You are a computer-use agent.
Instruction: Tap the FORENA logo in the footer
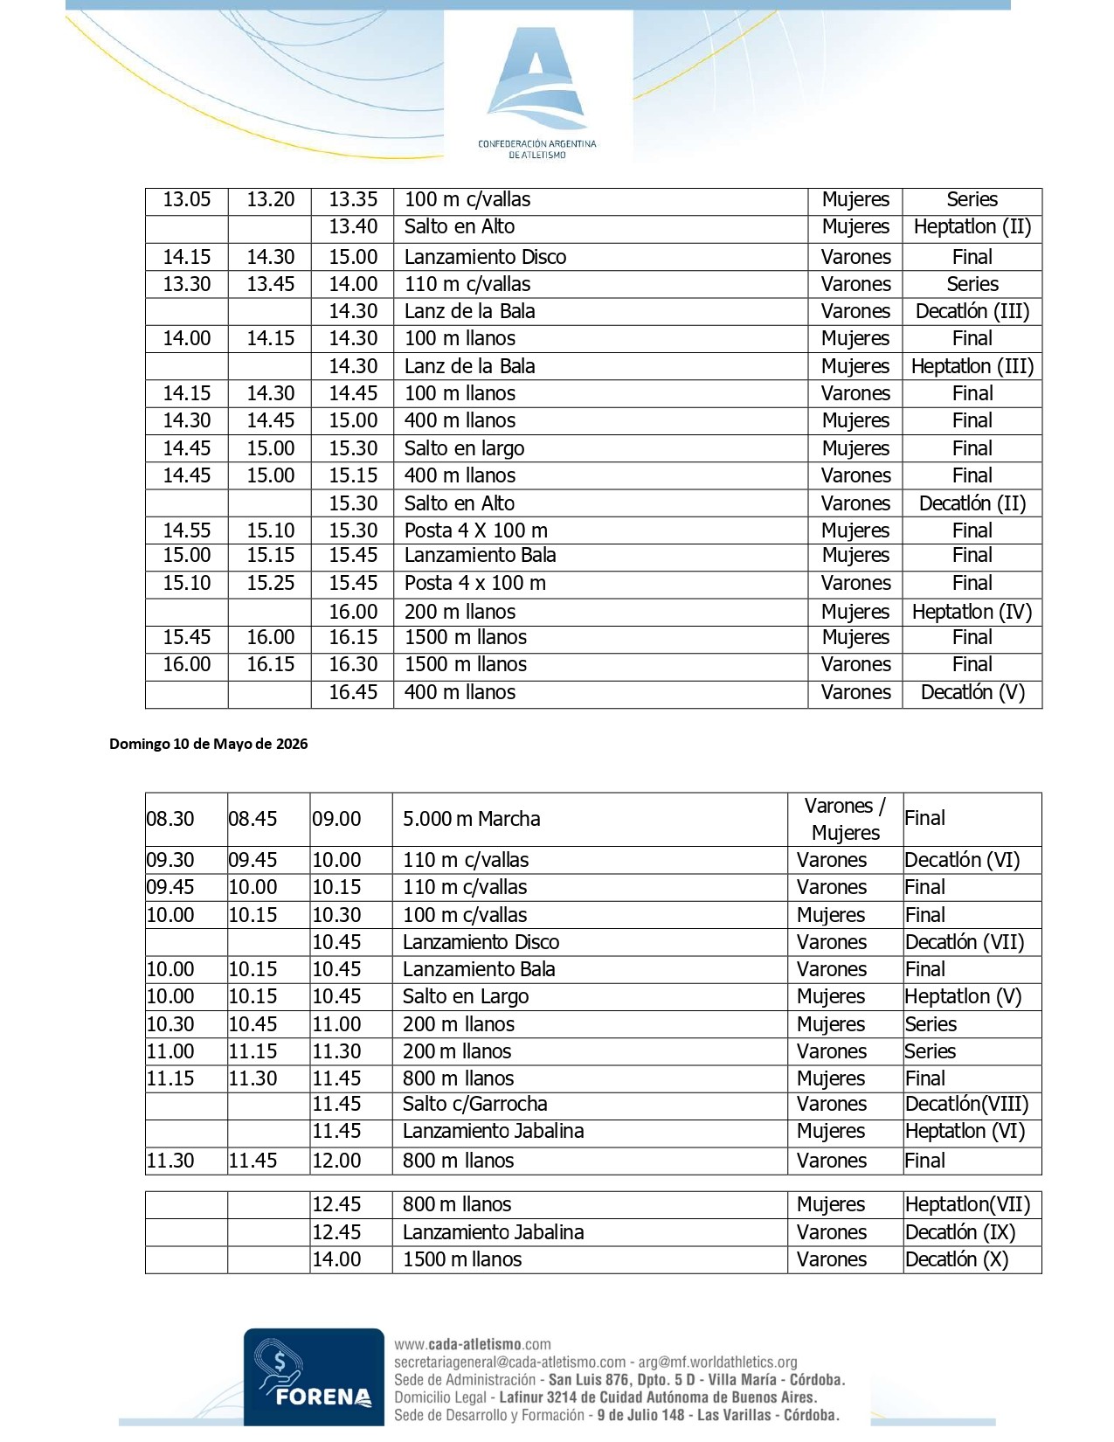tap(314, 1376)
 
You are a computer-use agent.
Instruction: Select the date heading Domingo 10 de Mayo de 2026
tap(208, 745)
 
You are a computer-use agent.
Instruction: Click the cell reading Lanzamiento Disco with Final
tap(485, 257)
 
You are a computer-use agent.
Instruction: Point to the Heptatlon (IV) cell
tap(972, 612)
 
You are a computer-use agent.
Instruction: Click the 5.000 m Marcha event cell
tap(471, 819)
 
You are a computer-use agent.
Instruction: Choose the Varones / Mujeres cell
tap(845, 819)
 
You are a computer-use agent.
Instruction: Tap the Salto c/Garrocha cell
tap(474, 1104)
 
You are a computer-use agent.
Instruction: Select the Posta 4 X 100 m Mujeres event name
tap(475, 530)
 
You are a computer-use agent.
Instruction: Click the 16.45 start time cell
tap(353, 692)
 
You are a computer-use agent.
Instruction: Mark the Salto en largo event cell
tap(464, 448)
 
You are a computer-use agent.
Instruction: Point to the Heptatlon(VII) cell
tap(967, 1204)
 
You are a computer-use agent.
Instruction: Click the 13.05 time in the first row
tap(187, 199)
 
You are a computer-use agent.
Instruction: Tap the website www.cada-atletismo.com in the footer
tap(473, 1344)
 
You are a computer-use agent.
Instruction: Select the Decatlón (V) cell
tap(972, 692)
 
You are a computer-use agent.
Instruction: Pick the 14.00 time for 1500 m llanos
tap(336, 1259)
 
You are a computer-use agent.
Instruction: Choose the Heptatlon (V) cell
tap(962, 996)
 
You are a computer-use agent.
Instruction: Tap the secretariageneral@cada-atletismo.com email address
tap(510, 1362)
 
